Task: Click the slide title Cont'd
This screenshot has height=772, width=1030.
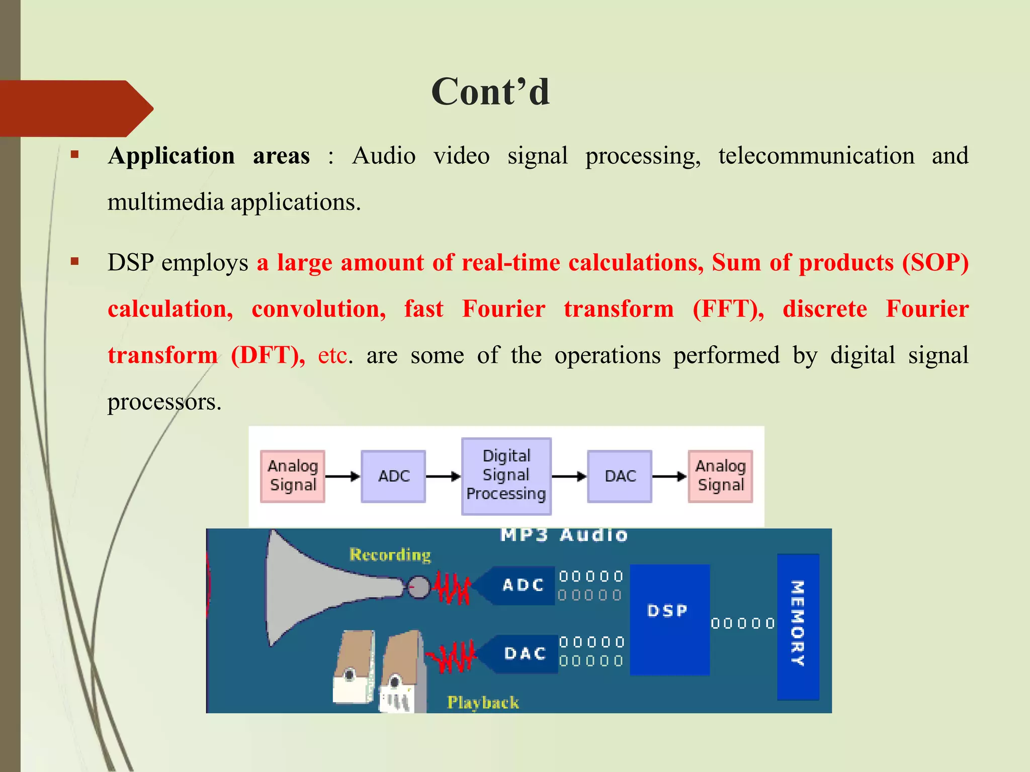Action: [x=490, y=92]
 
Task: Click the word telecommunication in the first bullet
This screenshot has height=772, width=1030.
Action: [x=816, y=155]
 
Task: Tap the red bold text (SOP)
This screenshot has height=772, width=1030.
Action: [x=935, y=262]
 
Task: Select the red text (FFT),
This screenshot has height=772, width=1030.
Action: [x=728, y=309]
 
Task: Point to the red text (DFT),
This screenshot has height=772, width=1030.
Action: [x=268, y=355]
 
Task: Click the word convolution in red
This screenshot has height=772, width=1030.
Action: [x=319, y=309]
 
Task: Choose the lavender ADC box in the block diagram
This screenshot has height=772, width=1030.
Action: [x=393, y=476]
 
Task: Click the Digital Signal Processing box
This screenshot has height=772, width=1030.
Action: [x=506, y=475]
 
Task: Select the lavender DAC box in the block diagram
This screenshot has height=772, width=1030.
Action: [x=620, y=476]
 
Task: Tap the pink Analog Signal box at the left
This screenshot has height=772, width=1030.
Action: [x=293, y=476]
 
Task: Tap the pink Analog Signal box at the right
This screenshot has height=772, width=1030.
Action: [x=720, y=476]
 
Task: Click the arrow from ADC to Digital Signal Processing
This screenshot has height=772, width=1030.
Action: [x=443, y=476]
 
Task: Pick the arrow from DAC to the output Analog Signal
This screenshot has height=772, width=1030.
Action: [x=669, y=476]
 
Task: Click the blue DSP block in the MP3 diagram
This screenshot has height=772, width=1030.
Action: [x=669, y=619]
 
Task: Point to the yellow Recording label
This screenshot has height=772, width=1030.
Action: [x=390, y=555]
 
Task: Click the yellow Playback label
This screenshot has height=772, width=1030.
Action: [x=483, y=702]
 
